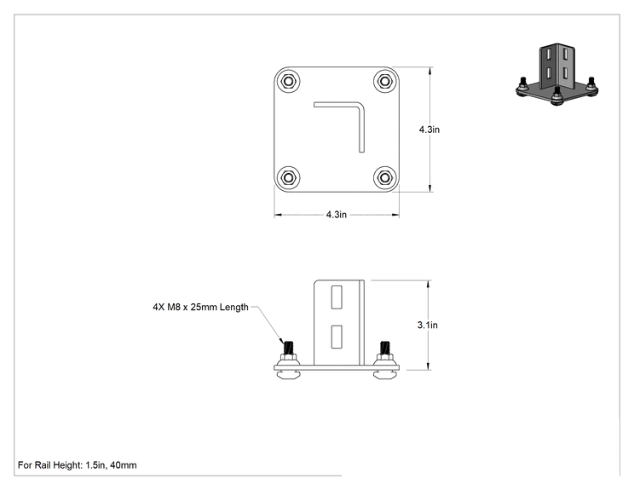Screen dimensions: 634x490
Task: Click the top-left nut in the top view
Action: (288, 81)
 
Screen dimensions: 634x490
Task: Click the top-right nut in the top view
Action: (385, 81)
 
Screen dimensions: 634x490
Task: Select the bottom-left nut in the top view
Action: (288, 177)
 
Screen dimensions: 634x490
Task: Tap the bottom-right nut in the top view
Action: (385, 177)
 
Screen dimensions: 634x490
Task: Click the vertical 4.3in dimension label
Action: (429, 130)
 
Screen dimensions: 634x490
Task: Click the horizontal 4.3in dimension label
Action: (337, 215)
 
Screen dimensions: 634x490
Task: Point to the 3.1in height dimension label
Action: (428, 325)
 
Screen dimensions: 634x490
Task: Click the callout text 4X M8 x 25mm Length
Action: (200, 308)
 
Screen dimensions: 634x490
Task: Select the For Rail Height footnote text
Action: (78, 465)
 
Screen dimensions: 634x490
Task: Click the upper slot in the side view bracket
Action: (337, 297)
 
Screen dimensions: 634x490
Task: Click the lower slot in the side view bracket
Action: (337, 337)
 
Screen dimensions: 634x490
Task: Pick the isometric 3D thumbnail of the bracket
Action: (557, 74)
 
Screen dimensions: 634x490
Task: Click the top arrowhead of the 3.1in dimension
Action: (428, 284)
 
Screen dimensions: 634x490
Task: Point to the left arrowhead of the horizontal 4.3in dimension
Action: (278, 215)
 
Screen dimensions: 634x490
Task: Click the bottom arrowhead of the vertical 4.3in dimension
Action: (429, 187)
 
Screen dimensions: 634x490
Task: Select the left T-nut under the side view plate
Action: (288, 375)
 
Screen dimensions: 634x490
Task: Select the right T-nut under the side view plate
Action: (384, 375)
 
